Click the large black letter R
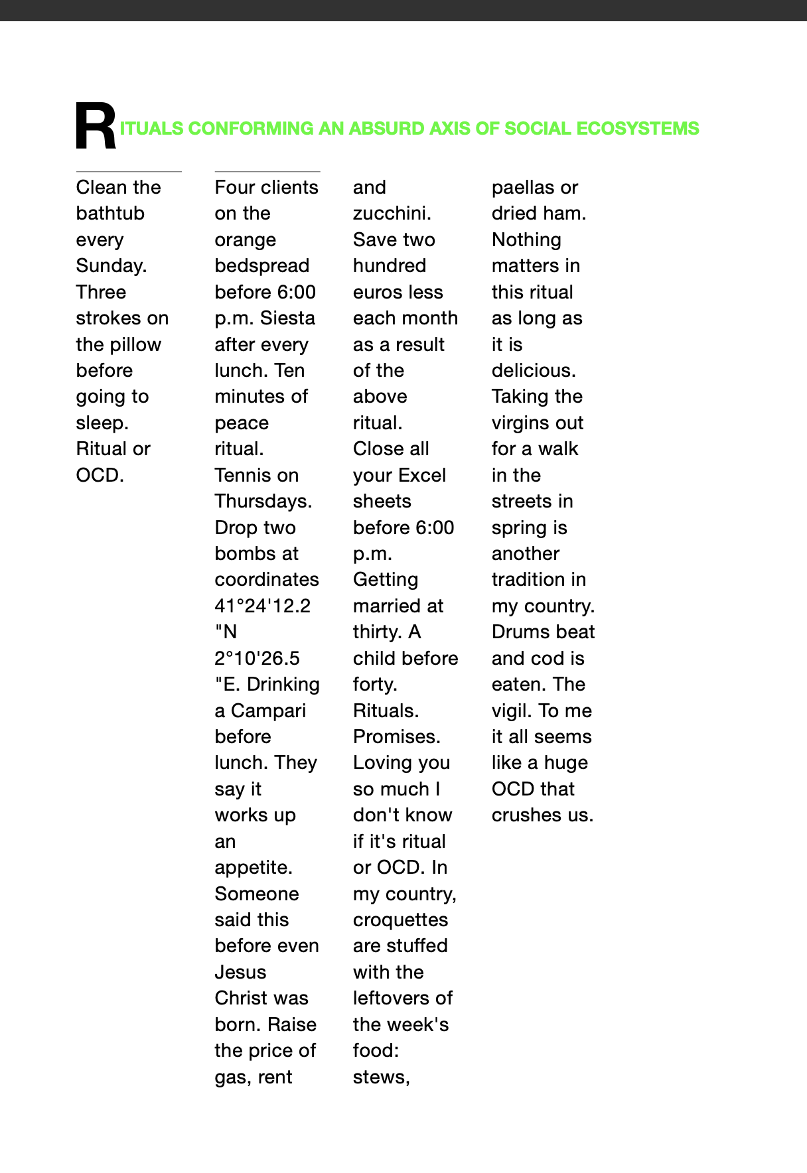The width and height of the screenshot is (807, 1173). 96,127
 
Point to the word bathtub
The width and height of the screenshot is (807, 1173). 110,214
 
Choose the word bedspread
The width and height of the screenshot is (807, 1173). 261,266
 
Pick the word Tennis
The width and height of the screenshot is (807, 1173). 242,475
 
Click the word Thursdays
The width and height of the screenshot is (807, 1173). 263,502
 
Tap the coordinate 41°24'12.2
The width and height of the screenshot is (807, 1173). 262,606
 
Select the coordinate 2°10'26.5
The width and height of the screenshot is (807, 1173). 257,659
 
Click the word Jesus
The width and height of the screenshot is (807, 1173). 240,973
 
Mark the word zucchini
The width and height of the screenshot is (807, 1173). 392,214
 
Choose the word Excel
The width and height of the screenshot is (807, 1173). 423,476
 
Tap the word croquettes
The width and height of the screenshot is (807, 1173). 400,920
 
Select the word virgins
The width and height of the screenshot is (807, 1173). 522,423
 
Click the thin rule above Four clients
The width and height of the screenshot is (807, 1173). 267,172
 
